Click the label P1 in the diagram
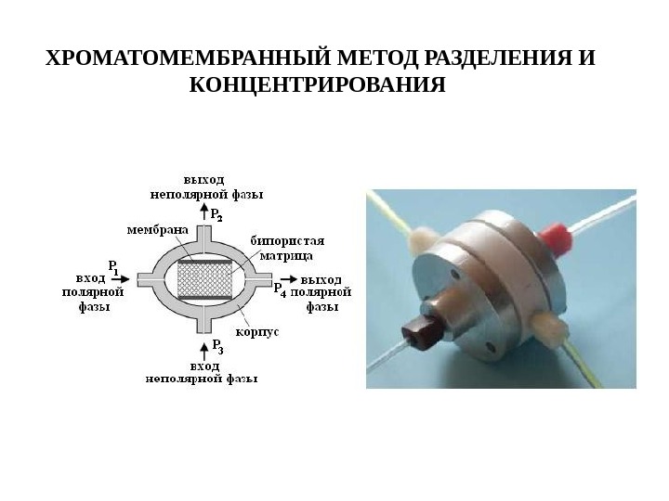click(113, 265)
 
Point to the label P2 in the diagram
click(216, 214)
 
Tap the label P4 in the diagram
click(278, 290)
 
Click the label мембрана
click(154, 228)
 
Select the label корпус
click(258, 331)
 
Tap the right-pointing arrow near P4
click(289, 278)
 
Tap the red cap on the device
click(555, 236)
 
